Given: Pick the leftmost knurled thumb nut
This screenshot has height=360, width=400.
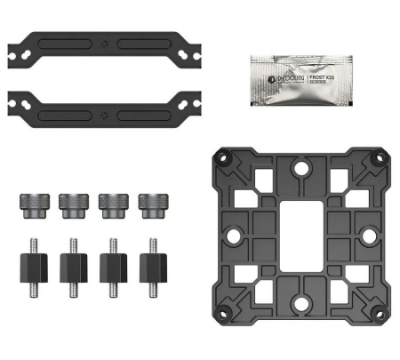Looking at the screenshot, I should point(30,204).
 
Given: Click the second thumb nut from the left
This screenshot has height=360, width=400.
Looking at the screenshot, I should point(70,204).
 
